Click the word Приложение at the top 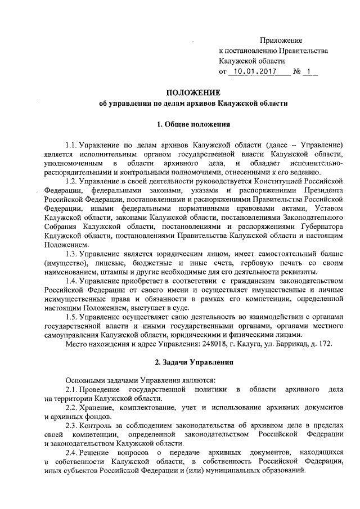281,40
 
